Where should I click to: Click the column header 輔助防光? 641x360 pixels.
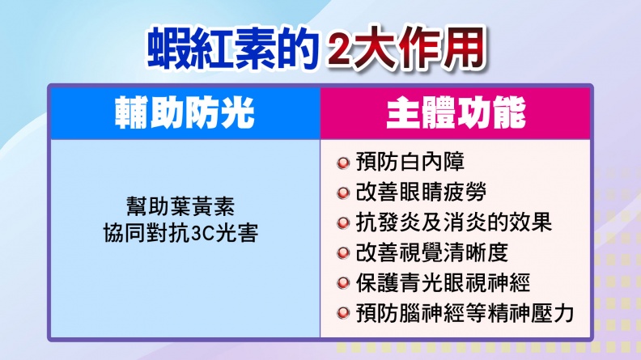[185, 112]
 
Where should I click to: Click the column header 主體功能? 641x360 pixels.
[456, 112]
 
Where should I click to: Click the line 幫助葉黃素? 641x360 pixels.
[180, 207]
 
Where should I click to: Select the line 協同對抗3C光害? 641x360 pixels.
[181, 233]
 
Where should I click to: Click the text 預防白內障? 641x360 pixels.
[410, 162]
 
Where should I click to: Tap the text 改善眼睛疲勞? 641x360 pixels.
[421, 192]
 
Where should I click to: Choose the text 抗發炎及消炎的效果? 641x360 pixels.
[454, 222]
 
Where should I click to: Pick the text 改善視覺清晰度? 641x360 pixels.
[431, 252]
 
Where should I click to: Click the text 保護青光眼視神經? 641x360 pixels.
[443, 283]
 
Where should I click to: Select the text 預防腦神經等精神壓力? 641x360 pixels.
[465, 313]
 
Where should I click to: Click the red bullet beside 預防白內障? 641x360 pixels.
[343, 163]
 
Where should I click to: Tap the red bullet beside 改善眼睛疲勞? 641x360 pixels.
[343, 193]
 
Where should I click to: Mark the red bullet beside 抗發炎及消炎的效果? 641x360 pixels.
[343, 223]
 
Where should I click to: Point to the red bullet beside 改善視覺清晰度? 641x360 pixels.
[343, 253]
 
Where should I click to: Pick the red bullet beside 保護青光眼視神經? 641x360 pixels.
[343, 284]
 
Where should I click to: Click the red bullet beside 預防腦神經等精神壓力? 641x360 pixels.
[343, 314]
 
